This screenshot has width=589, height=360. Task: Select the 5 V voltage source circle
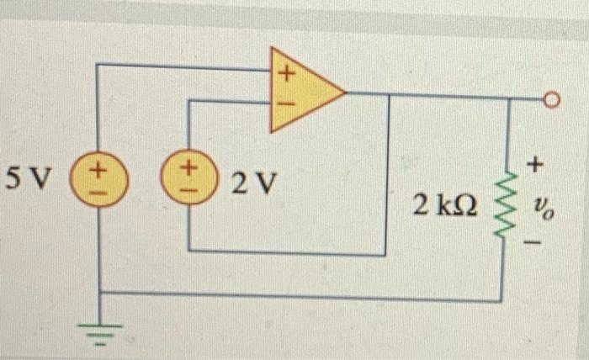98,178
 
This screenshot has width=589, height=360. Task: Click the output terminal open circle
552,101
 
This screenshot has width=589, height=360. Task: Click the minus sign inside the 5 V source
99,189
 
